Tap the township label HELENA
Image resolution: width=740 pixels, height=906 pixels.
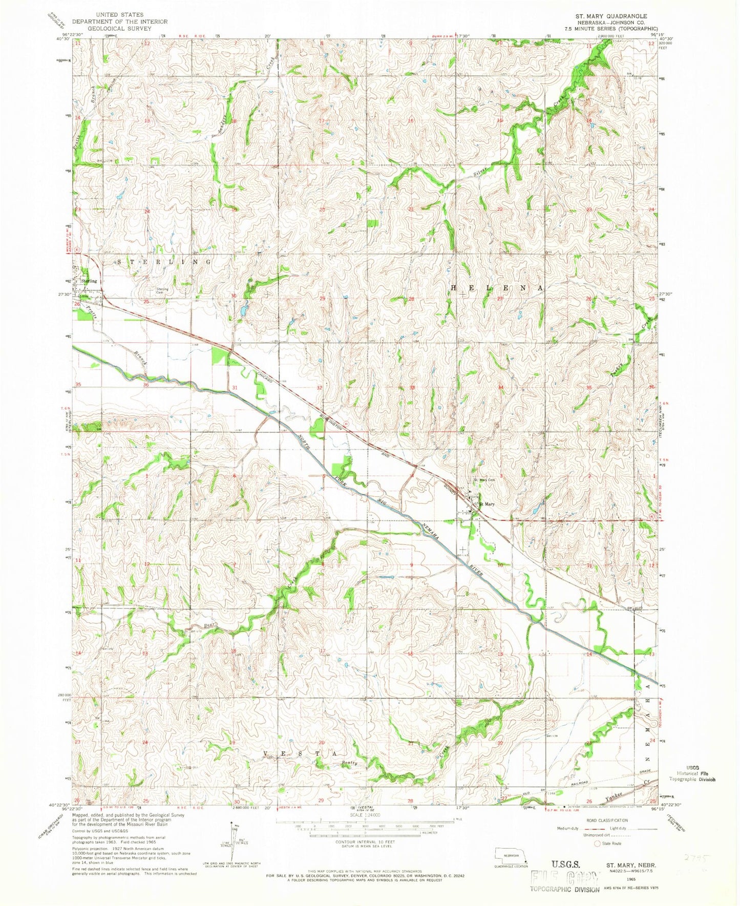coord(496,288)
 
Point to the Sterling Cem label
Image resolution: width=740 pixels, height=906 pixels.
coord(162,290)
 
